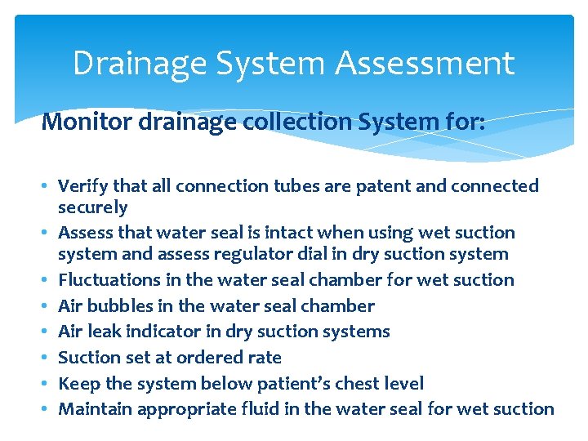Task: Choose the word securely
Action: pos(93,207)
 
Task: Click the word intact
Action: pos(279,233)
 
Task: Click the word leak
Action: pos(104,332)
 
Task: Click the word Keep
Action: pos(78,384)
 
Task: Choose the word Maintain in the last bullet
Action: pos(96,408)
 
